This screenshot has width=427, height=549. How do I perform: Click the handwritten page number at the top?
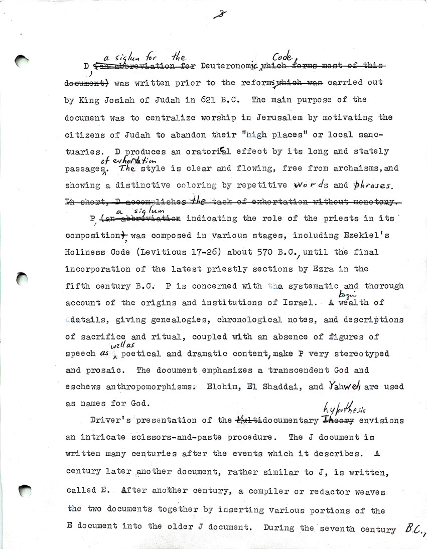point(220,14)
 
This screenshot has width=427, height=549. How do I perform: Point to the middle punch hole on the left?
point(23,278)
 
